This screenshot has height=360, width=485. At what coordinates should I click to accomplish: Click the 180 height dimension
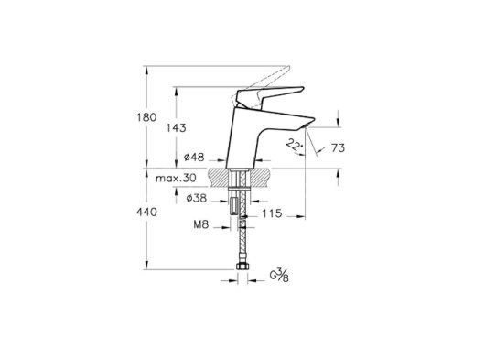(146, 117)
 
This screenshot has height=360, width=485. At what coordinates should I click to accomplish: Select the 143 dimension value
(176, 128)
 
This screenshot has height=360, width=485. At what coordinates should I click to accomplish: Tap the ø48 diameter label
(194, 158)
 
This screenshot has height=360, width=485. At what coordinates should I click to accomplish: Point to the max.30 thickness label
(176, 179)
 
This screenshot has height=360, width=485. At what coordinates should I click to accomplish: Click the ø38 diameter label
(197, 198)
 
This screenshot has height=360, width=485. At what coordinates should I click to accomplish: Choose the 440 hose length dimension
(146, 213)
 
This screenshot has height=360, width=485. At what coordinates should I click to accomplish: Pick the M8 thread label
(201, 224)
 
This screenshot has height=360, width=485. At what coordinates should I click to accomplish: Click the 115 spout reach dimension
(272, 213)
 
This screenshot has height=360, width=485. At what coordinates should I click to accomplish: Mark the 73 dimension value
(338, 148)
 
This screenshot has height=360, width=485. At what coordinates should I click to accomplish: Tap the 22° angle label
(294, 145)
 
